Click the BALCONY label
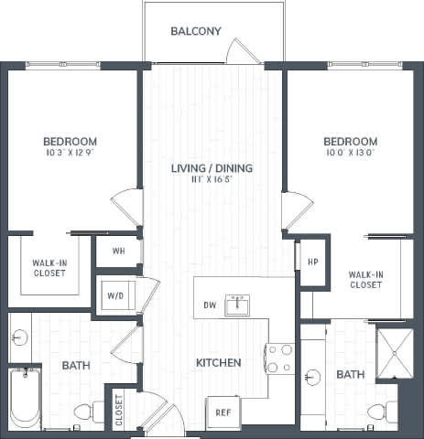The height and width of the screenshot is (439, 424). coord(196,31)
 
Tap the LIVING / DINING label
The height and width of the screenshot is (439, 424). coord(212,168)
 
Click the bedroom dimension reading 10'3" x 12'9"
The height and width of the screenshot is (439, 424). coord(70,155)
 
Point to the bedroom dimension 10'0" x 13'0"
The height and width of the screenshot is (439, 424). coord(350,155)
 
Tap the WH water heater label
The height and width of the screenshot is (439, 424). coord(118,251)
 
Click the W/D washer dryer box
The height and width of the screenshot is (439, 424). coord(117,295)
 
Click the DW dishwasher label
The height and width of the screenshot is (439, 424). coord(209,305)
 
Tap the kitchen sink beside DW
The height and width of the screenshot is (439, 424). coord(239,305)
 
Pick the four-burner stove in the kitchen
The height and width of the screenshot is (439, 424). coord(279,358)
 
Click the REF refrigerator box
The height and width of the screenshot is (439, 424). coord(223,412)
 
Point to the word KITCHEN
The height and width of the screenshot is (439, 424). coord(219,363)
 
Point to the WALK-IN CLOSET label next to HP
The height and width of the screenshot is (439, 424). coord(365,279)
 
